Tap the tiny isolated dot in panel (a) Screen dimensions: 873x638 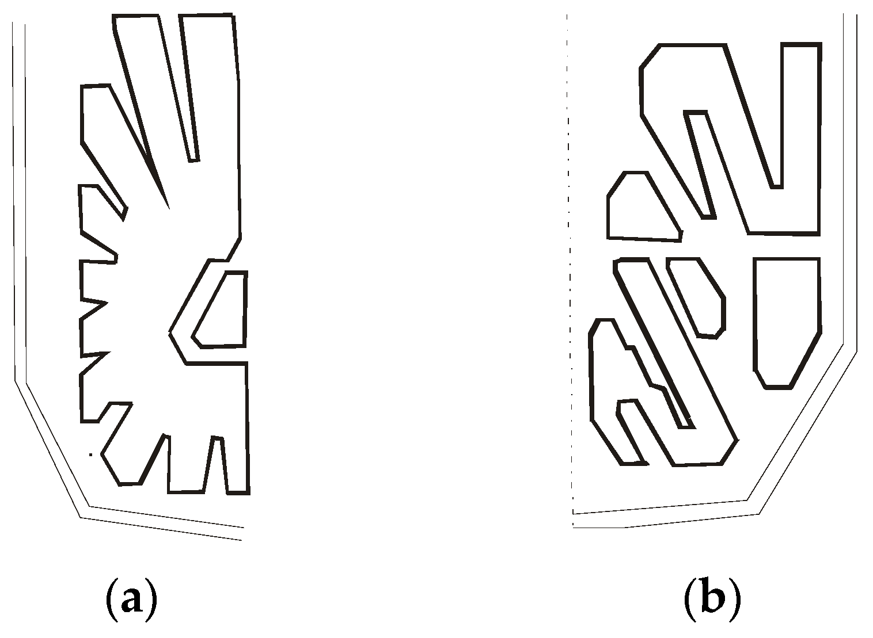click(90, 454)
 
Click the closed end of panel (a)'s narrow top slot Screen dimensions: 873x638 click(193, 159)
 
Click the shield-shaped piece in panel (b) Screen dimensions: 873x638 click(786, 316)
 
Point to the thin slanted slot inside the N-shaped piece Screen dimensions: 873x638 click(699, 161)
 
